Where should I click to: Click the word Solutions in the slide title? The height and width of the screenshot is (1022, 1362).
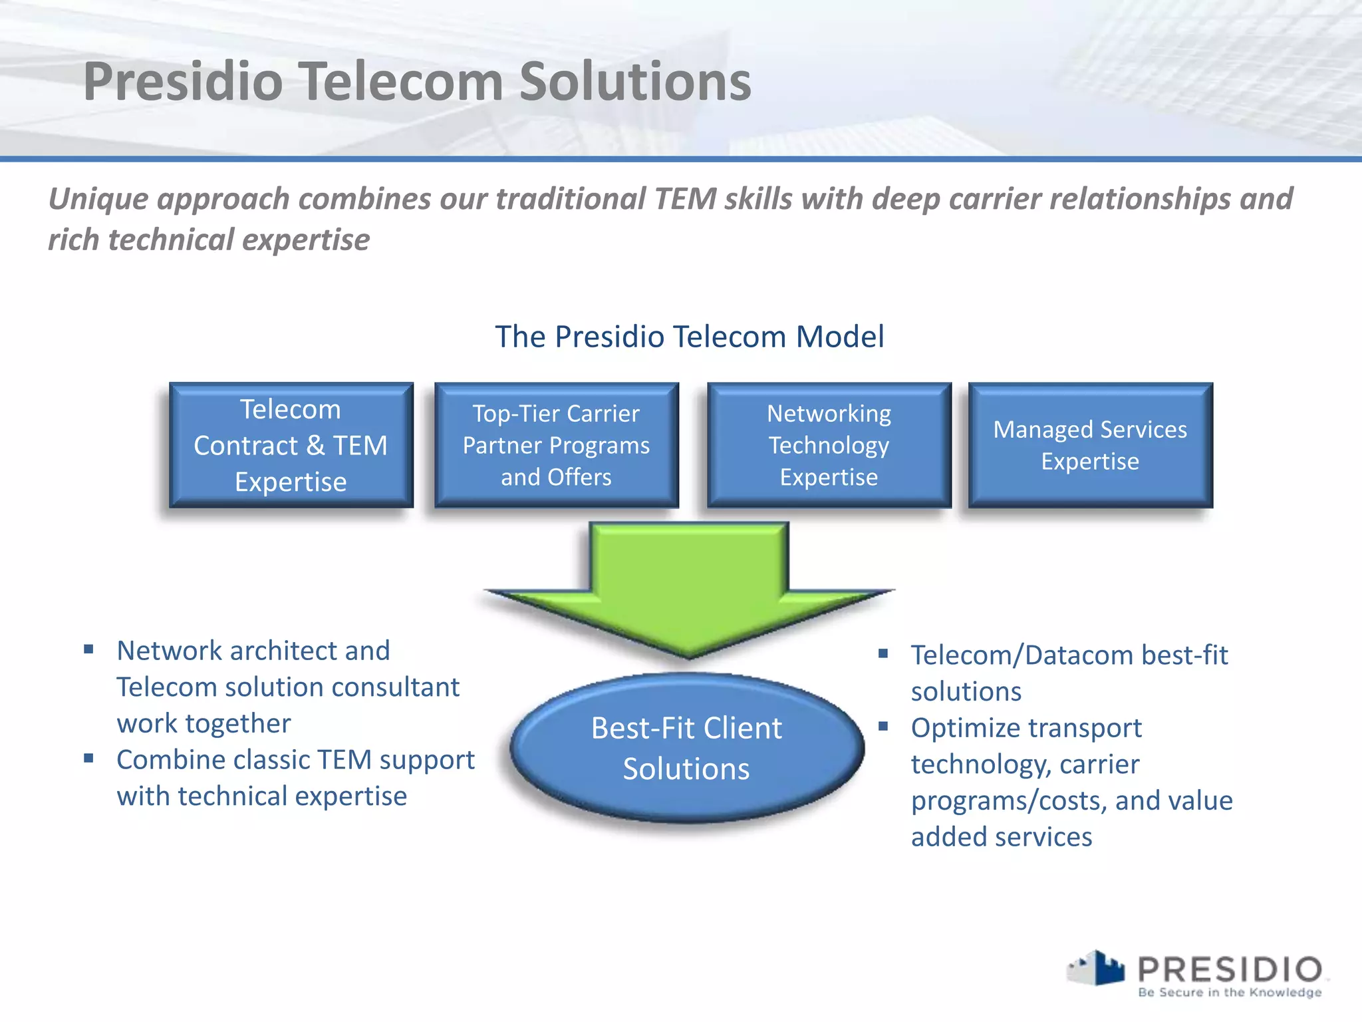click(x=634, y=82)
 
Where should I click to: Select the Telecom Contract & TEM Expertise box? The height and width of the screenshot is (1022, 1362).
click(x=291, y=445)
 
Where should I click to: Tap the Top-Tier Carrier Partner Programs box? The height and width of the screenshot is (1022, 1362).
click(x=556, y=445)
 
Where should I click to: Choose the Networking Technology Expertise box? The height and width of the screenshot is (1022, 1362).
click(x=829, y=445)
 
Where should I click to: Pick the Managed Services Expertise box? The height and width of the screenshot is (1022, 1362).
click(x=1090, y=445)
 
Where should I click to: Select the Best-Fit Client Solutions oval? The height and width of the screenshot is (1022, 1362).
click(x=686, y=749)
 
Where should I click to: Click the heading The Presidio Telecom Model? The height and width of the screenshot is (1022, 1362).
click(x=690, y=337)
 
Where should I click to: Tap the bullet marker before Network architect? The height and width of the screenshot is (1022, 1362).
click(x=88, y=649)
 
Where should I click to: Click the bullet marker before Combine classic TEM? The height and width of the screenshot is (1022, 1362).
click(x=88, y=758)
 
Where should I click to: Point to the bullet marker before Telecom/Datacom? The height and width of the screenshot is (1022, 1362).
click(x=883, y=653)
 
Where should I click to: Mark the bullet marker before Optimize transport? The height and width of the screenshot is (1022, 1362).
click(x=883, y=726)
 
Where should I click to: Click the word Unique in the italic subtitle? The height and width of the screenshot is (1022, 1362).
click(x=97, y=199)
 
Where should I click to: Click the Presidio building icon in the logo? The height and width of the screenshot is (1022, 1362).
click(x=1097, y=969)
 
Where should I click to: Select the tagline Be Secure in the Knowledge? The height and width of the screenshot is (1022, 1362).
click(x=1230, y=993)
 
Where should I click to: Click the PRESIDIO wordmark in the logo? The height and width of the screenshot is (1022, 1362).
click(x=1230, y=969)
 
